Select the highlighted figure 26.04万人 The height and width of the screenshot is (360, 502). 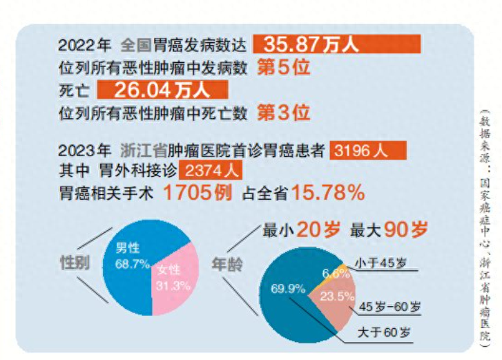tap(163, 90)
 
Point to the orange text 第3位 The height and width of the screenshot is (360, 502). tap(283, 113)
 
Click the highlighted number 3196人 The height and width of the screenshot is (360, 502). tap(367, 150)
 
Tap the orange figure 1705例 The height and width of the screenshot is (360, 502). tap(197, 193)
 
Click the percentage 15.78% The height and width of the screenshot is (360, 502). tap(327, 193)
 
